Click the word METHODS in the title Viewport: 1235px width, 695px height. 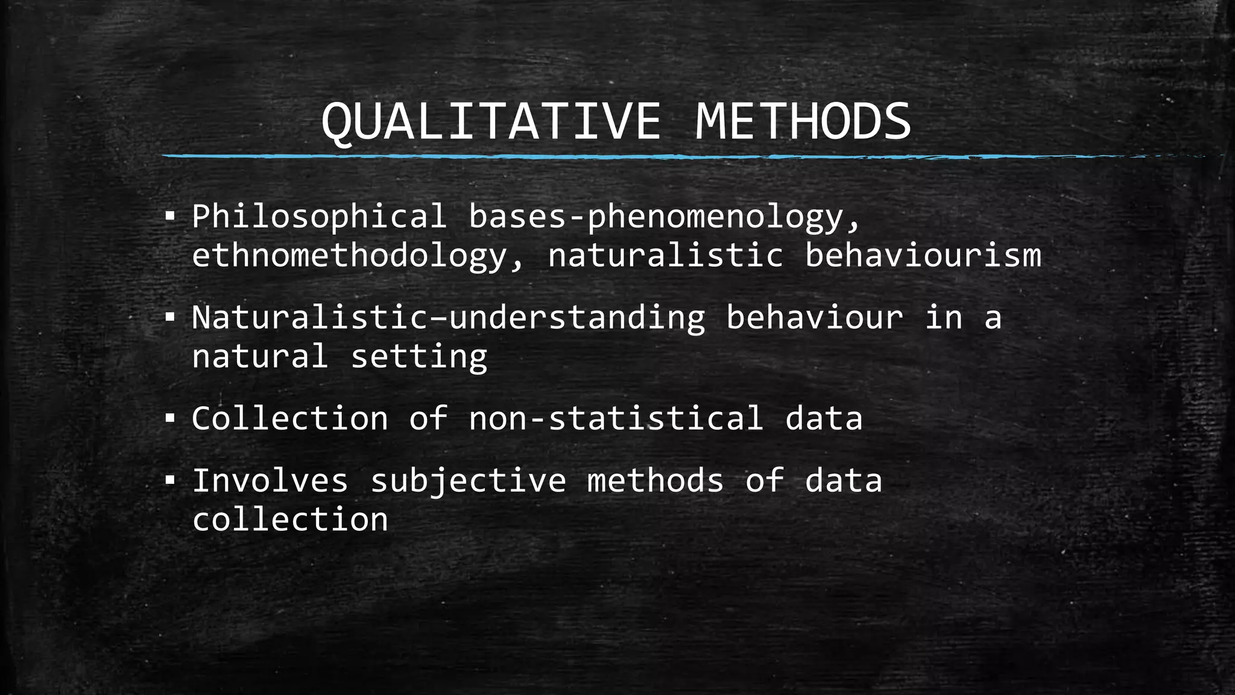[803, 122]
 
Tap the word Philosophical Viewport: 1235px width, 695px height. [319, 217]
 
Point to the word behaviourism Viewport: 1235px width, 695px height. [923, 255]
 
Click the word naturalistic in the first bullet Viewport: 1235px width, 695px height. [665, 255]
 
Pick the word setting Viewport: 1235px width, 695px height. [419, 357]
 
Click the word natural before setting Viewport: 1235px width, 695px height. [260, 357]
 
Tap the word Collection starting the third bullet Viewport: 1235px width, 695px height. [290, 418]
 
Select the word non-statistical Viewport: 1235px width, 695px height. [616, 418]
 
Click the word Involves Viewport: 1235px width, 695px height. [270, 481]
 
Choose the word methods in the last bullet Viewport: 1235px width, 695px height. [655, 481]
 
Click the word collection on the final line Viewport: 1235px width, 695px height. [290, 519]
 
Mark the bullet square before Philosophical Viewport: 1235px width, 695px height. [169, 215]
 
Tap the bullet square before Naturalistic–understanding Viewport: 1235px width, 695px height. [169, 316]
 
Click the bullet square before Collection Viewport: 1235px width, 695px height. [169, 417]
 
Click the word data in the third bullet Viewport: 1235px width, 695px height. [824, 418]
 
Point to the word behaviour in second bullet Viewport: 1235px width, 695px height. [814, 317]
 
